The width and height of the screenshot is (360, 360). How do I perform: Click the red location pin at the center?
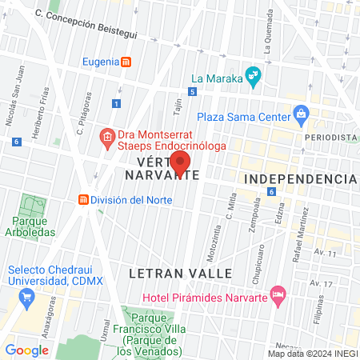(180, 163)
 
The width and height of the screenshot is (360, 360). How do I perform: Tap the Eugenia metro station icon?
(126, 62)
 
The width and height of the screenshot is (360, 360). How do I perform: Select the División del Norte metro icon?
(83, 200)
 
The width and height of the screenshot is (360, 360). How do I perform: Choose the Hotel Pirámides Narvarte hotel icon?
(278, 297)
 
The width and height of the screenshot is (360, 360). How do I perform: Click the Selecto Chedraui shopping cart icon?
(26, 298)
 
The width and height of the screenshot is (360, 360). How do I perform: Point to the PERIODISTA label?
(330, 138)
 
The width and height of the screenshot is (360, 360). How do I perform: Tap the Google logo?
(26, 350)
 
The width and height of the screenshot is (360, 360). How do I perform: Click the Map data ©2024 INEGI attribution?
(313, 354)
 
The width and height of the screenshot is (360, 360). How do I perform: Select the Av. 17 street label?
(322, 284)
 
